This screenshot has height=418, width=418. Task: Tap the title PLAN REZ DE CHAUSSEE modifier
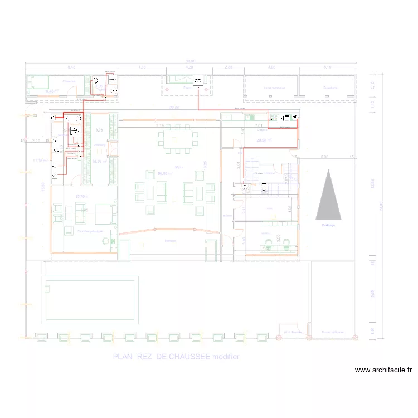[176, 357]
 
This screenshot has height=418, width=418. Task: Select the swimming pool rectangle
[90, 299]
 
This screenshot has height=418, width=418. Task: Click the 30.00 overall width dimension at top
[191, 61]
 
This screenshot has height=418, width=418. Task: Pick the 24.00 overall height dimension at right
[381, 206]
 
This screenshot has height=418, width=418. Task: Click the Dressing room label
[100, 145]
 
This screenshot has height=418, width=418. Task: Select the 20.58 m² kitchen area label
[264, 140]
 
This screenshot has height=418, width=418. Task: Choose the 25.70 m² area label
[82, 196]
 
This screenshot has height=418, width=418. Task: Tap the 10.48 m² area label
[51, 91]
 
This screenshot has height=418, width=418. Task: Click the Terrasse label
[170, 240]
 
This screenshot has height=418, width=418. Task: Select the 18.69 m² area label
[100, 162]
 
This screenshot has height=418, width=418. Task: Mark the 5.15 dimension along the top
[327, 67]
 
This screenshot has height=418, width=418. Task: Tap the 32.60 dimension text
[174, 108]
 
